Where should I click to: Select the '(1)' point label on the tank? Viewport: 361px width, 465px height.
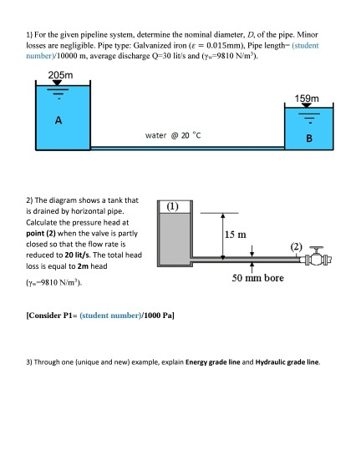172,205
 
